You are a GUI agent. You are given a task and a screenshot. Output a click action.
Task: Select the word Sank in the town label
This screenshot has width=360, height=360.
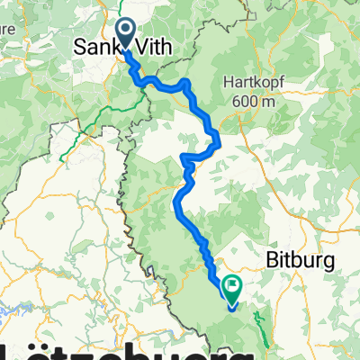click(94, 45)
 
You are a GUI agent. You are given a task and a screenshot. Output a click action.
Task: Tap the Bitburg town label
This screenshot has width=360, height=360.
click(302, 261)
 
